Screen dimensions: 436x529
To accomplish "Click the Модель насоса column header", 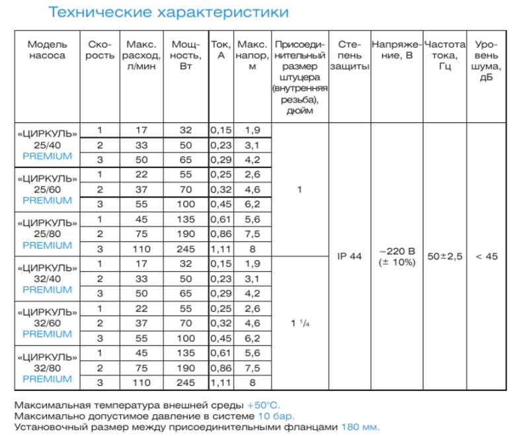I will click(x=47, y=50).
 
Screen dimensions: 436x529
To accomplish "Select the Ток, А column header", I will click(x=220, y=50).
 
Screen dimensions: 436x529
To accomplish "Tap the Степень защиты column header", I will click(x=350, y=56).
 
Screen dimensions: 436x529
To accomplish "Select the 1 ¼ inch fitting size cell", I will click(x=300, y=324).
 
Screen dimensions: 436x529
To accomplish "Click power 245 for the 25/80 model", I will click(x=186, y=249).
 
